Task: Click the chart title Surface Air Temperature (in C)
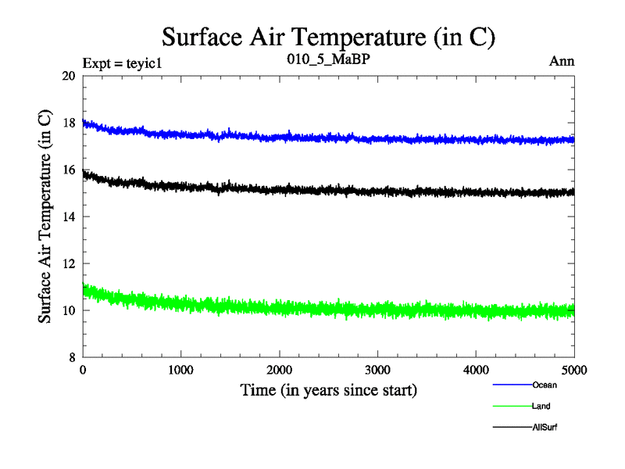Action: [329, 37]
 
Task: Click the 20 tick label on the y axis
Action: [68, 76]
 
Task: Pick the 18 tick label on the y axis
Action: [68, 123]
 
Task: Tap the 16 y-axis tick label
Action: [68, 170]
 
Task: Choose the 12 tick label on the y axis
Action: [68, 263]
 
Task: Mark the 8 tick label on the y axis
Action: [71, 357]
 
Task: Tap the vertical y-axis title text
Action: [45, 217]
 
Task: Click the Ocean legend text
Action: [545, 385]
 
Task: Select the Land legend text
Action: [542, 406]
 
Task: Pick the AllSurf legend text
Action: [545, 427]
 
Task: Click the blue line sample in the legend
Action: [512, 385]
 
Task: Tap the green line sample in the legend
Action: [512, 406]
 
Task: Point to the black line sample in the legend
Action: [512, 427]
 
